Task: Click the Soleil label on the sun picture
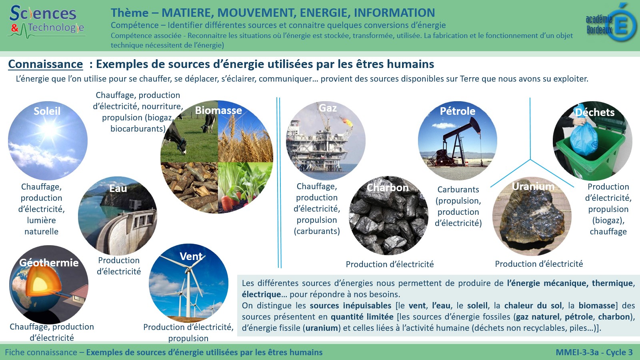[x=47, y=111]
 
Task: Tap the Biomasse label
[x=218, y=110]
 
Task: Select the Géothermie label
[x=49, y=262]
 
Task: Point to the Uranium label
[x=533, y=186]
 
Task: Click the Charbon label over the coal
[x=388, y=188]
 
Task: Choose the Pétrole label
[x=458, y=111]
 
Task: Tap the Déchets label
[x=595, y=112]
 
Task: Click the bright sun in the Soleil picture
[x=49, y=129]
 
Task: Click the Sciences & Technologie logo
[x=46, y=22]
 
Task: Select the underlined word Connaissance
[x=46, y=64]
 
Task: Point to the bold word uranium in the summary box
[x=322, y=328]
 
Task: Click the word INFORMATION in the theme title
[x=394, y=13]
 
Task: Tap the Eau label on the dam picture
[x=118, y=188]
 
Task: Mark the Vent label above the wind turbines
[x=191, y=256]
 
